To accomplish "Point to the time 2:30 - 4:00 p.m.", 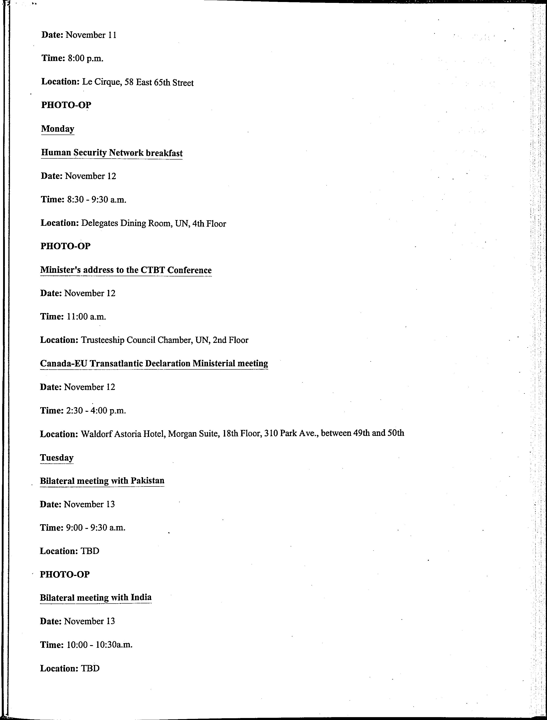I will click(96, 410).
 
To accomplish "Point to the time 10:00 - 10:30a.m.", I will click(99, 645).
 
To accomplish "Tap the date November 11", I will click(91, 35).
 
